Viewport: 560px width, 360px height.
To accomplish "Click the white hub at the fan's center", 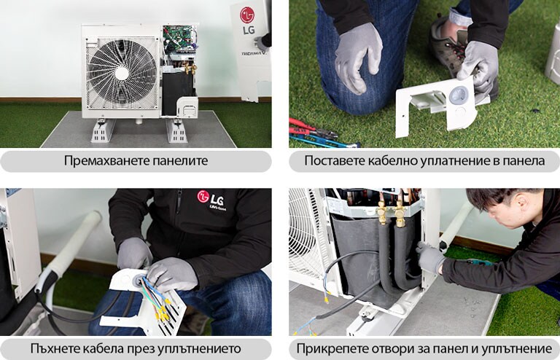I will point(122,73).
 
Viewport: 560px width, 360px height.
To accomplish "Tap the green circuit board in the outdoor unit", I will point(179,39).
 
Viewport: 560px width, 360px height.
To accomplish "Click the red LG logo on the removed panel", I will point(247,15).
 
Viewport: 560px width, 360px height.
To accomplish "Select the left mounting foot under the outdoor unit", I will point(102,131).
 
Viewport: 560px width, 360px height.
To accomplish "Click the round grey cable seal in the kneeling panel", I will point(458,95).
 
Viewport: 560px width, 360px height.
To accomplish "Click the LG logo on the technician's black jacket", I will point(203,197).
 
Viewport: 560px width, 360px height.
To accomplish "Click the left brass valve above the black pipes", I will point(381,213).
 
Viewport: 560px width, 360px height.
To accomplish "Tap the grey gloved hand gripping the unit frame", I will point(429,256).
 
